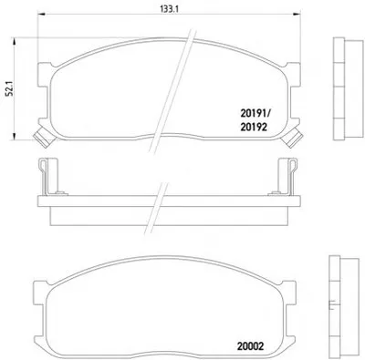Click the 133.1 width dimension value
170,9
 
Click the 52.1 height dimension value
10,89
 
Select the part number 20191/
255,114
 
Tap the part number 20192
254,127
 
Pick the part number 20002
250,346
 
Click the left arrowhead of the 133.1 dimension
41,14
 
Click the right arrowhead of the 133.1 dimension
297,14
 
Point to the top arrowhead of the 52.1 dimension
14,42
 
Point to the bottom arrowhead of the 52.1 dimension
14,136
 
